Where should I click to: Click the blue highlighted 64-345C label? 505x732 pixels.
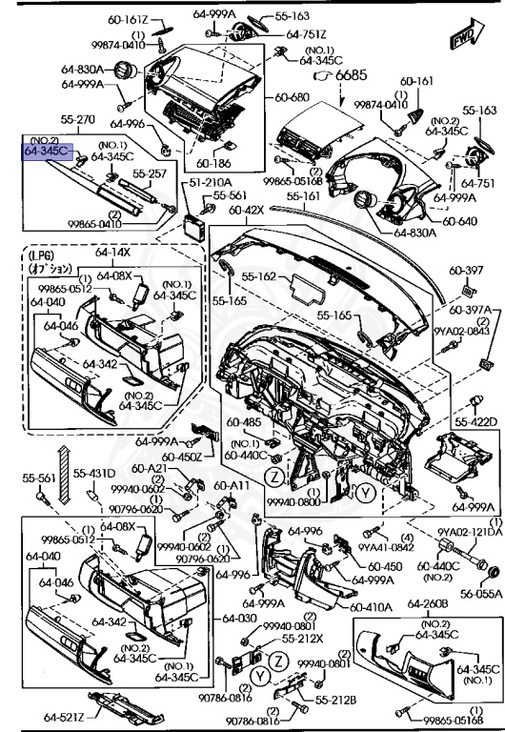[x=47, y=152]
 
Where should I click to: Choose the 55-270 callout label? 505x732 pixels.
[x=50, y=120]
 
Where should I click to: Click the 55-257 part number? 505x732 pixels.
[x=149, y=174]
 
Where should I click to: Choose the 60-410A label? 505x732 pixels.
[x=369, y=605]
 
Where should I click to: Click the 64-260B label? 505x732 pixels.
[x=428, y=603]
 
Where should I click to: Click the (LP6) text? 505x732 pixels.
[x=42, y=256]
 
